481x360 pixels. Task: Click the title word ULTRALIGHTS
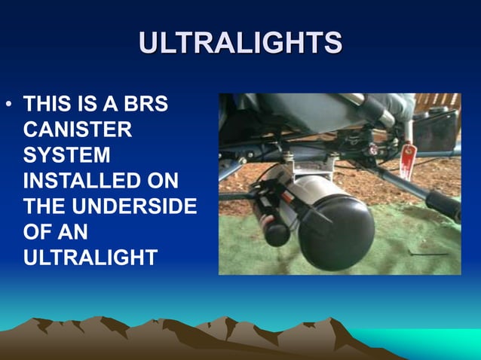pos(240,43)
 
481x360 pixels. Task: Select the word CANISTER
pos(78,130)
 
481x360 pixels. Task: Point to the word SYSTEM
pos(66,155)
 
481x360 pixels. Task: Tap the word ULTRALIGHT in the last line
pos(90,258)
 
